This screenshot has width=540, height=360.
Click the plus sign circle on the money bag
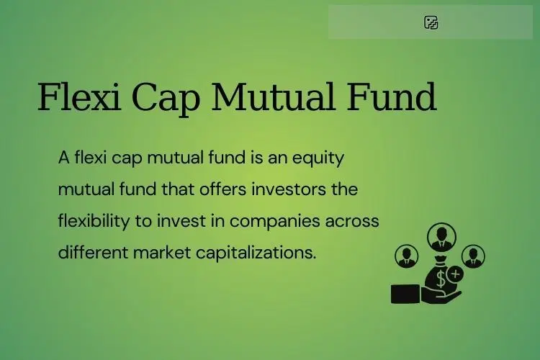[455, 274]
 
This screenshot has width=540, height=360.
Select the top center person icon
[439, 236]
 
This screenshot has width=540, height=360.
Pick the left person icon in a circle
[407, 256]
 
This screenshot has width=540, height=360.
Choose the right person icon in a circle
[474, 256]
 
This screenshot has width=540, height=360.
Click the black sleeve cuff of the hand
[405, 293]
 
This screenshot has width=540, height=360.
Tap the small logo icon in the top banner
[431, 22]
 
